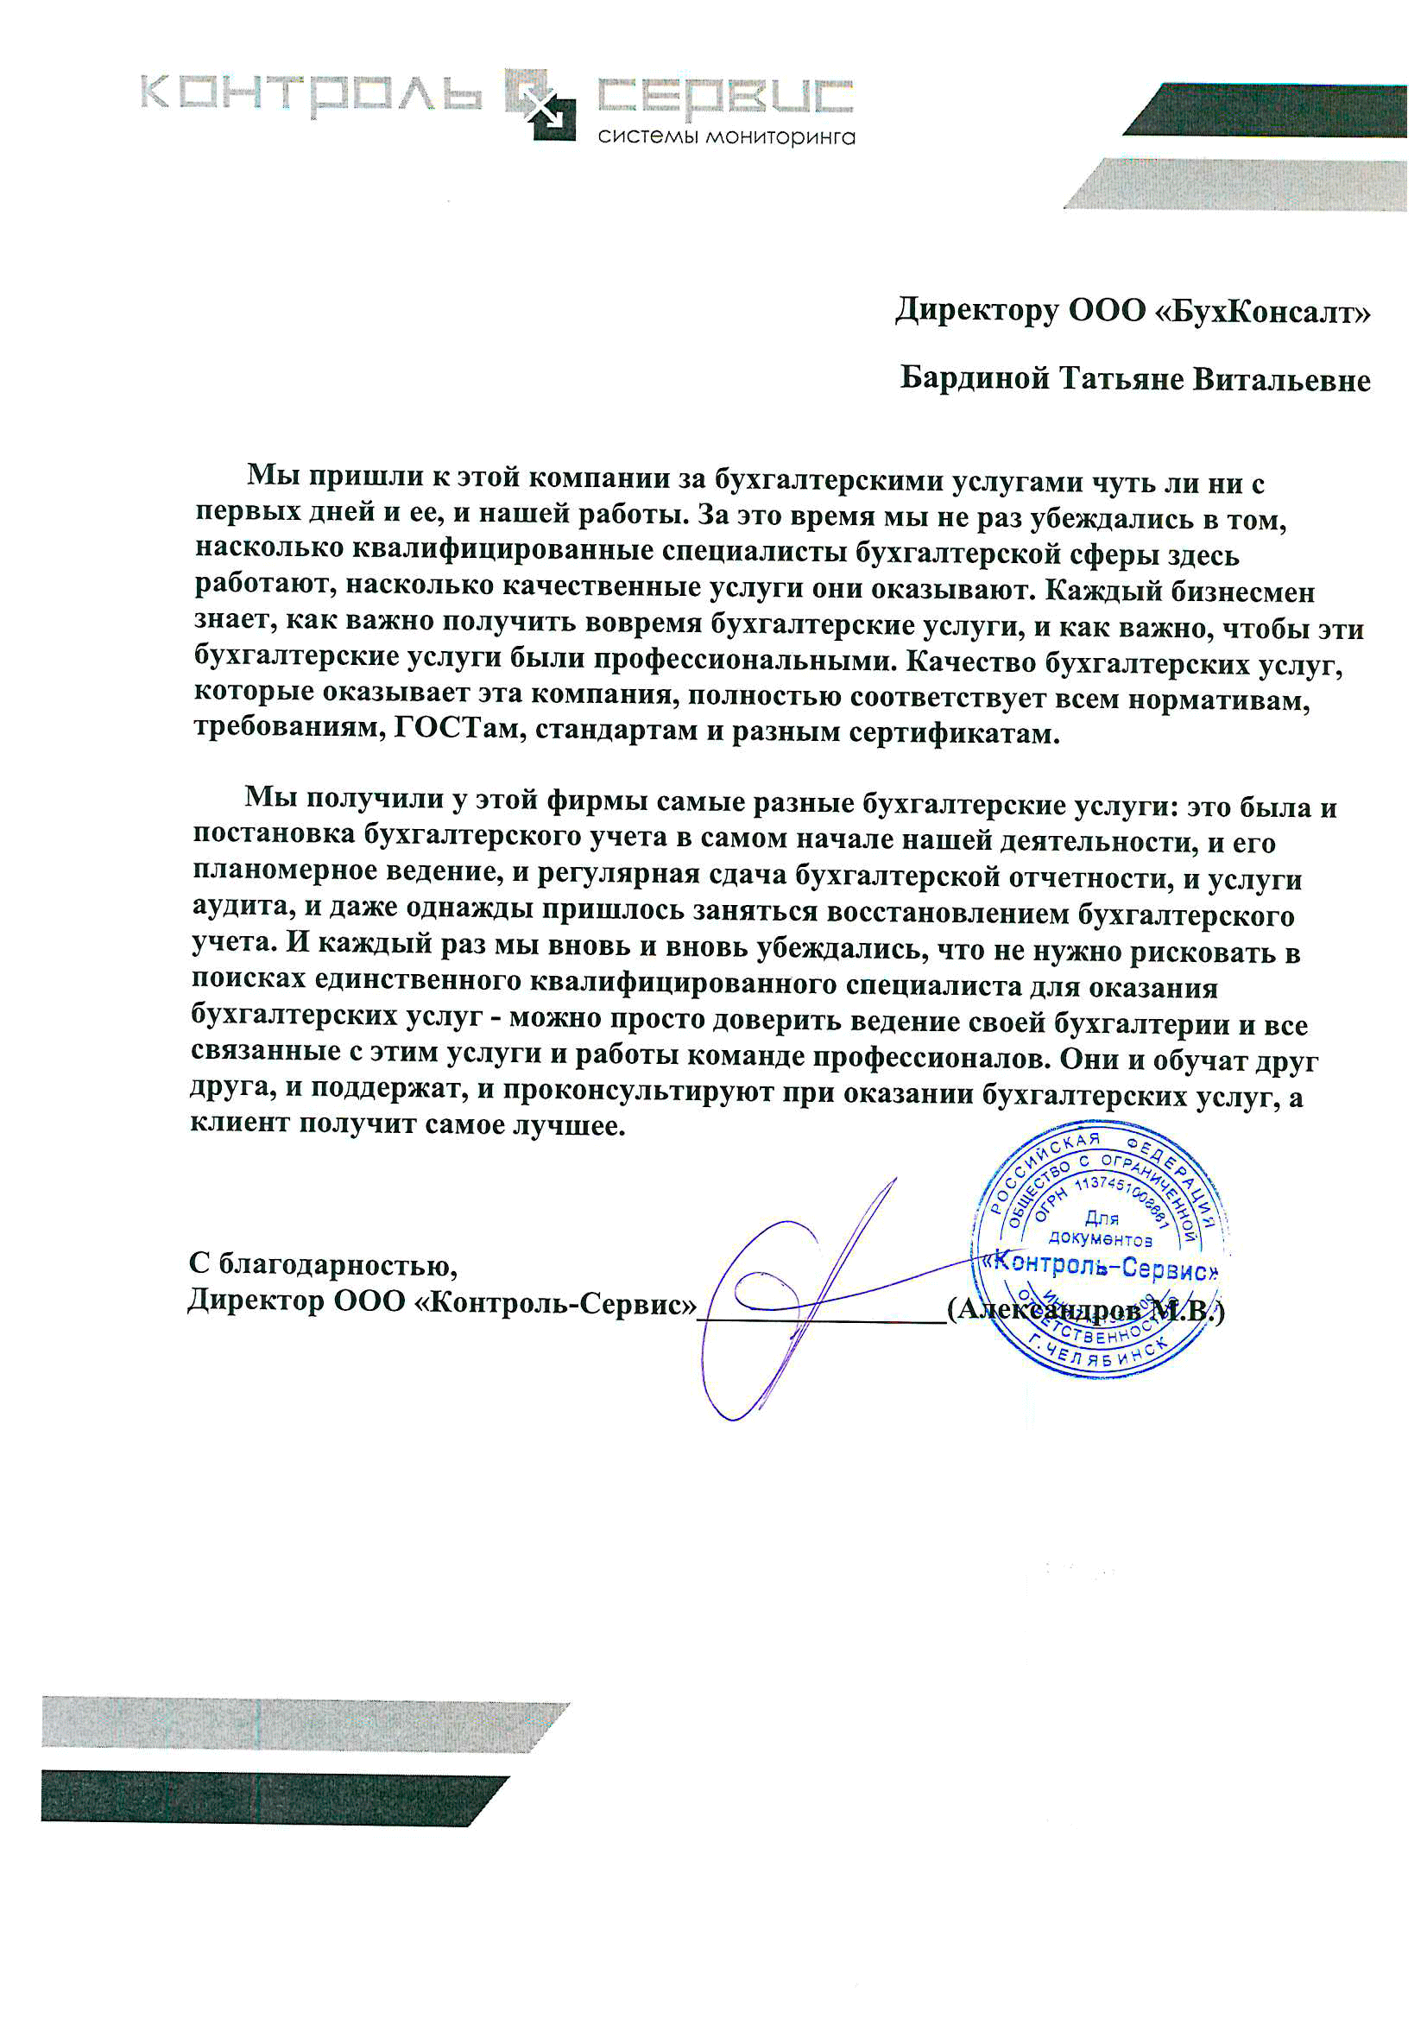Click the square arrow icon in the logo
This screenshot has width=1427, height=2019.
540,104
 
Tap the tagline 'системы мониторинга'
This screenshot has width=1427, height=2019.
725,137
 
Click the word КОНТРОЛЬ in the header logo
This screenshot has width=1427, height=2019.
312,93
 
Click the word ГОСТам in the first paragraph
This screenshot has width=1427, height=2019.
458,730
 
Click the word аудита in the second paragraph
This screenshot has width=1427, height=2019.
243,905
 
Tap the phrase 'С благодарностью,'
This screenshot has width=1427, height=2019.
323,1264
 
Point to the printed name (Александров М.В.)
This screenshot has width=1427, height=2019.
1085,1309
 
